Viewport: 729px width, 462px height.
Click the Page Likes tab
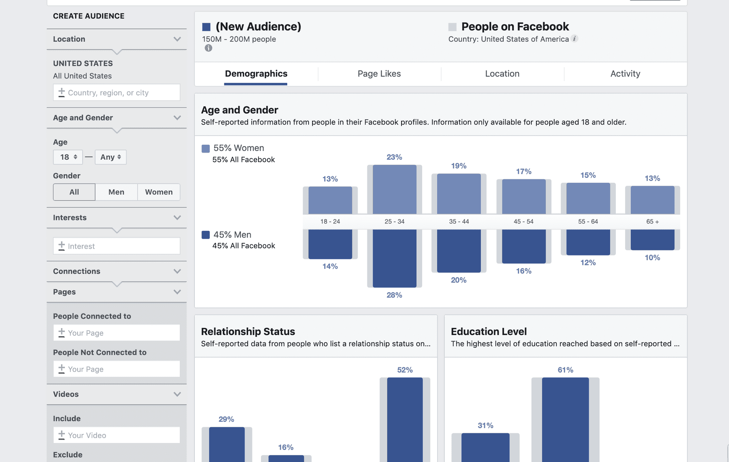point(379,74)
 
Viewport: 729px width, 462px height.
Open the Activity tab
point(625,74)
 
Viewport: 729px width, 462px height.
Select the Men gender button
point(116,192)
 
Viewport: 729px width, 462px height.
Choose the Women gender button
point(159,192)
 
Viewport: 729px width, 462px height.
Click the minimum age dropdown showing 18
point(68,157)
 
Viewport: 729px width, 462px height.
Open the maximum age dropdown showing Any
point(110,157)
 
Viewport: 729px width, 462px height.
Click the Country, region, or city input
point(117,92)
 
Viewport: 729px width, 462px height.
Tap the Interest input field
point(117,246)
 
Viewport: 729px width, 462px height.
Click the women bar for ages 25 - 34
point(394,189)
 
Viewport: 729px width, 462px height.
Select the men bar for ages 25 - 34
point(394,258)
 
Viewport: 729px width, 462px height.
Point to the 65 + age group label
point(652,222)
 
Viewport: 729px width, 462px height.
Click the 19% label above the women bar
point(458,166)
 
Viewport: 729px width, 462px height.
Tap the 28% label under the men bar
point(394,295)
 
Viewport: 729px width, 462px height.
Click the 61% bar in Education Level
point(565,420)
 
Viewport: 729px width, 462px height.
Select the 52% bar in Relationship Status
point(405,420)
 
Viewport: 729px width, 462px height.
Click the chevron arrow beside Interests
point(177,218)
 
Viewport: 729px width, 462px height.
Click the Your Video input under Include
point(117,435)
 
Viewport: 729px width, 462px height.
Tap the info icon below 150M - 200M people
point(208,48)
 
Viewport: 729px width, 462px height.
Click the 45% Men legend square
point(205,235)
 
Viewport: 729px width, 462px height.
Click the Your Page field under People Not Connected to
point(117,369)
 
